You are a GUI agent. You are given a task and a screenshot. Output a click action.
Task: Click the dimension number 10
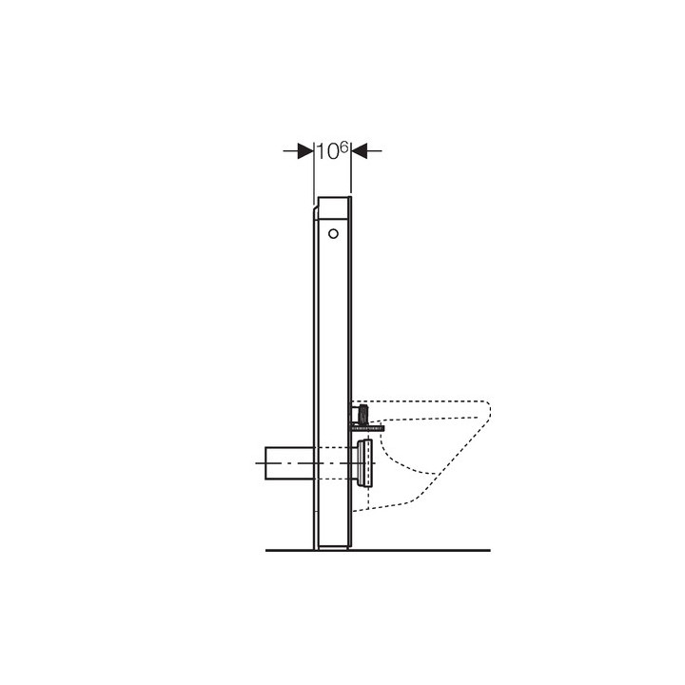[x=328, y=151]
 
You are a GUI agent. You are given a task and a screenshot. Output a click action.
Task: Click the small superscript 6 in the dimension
[x=345, y=146]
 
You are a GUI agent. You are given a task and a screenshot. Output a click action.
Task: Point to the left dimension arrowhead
[x=305, y=150]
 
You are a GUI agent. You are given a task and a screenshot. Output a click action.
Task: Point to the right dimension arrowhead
[x=361, y=150]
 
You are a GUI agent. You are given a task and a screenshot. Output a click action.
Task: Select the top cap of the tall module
[x=334, y=202]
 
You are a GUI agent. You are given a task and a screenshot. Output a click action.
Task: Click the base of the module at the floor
[x=333, y=545]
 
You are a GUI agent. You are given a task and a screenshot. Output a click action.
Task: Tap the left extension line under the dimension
[x=314, y=176]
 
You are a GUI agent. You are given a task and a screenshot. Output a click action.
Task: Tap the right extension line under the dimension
[x=352, y=176]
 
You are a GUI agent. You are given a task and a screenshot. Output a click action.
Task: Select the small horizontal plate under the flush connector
[x=364, y=428]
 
